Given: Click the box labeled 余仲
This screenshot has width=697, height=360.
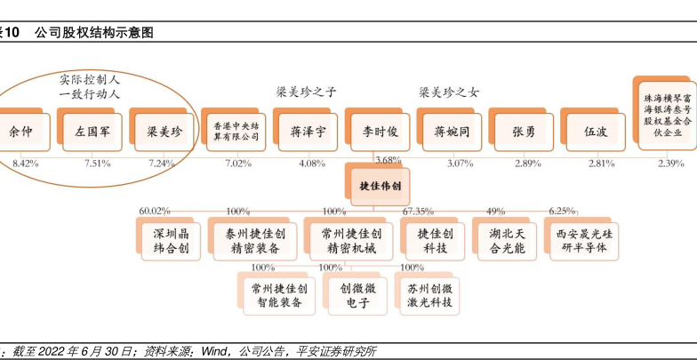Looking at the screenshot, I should click(x=20, y=132).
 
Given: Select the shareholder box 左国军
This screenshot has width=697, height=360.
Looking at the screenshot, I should click(x=92, y=132).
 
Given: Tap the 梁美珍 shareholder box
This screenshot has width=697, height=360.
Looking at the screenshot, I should click(x=163, y=132).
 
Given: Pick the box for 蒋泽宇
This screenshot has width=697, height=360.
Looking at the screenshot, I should click(x=308, y=132).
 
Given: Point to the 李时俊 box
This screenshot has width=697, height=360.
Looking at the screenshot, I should click(x=380, y=132).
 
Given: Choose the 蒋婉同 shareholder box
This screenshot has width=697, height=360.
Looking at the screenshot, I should click(x=452, y=132).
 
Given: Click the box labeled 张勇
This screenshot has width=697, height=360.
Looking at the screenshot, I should click(x=524, y=132).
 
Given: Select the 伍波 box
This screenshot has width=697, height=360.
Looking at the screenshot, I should click(x=596, y=132).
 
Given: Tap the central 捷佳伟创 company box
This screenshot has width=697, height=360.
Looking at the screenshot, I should click(x=380, y=187).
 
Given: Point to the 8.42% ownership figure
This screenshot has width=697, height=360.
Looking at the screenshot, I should click(x=25, y=164).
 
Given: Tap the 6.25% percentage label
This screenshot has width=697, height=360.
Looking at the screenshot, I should click(x=562, y=212).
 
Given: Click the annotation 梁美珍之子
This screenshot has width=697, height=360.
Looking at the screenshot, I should click(x=307, y=92).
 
